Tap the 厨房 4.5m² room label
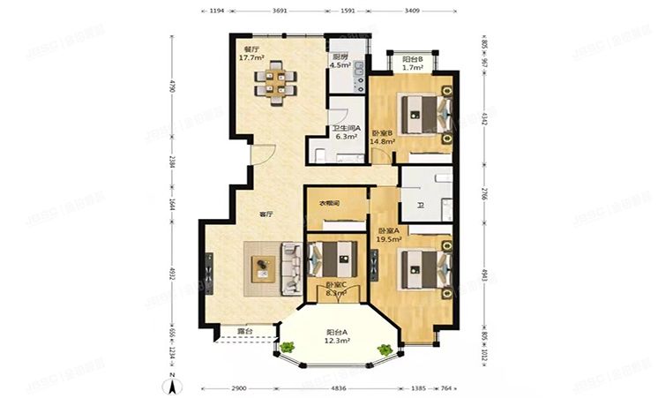point(340,59)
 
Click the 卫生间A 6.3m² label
point(345,133)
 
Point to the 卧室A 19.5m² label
point(388,233)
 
